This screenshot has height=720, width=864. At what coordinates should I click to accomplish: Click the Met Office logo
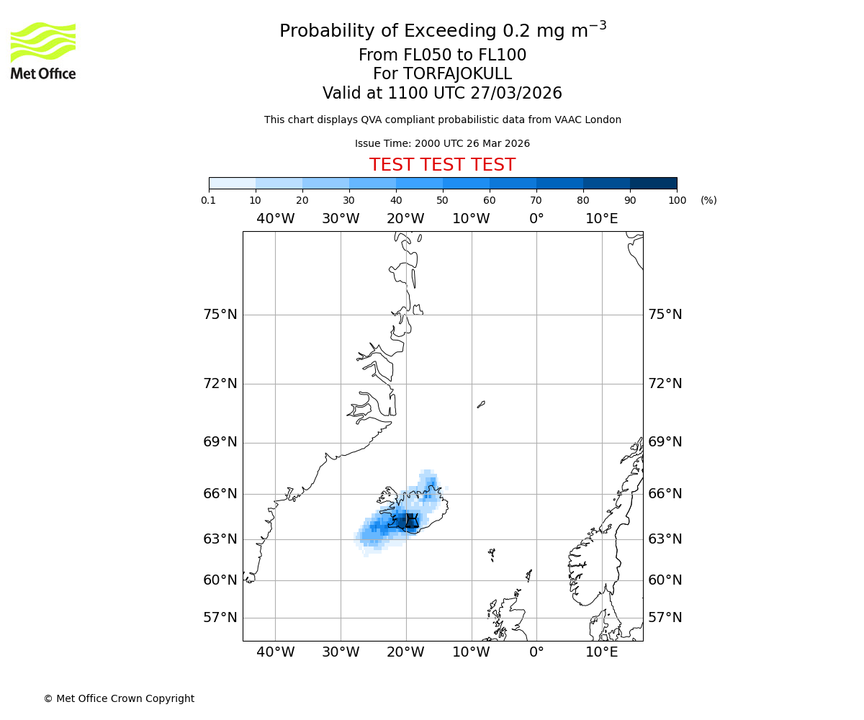[43, 50]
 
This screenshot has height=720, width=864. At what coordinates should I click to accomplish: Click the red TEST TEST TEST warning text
[442, 165]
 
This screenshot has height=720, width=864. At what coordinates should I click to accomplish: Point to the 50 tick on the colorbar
[443, 190]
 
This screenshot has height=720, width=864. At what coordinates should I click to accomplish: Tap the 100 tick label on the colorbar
[677, 200]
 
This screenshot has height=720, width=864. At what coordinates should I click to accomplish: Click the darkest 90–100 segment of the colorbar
[653, 183]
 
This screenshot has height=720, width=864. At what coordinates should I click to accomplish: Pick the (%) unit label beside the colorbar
[708, 200]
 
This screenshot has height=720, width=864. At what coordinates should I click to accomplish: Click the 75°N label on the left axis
[220, 315]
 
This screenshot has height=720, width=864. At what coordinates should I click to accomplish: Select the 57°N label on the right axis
[665, 618]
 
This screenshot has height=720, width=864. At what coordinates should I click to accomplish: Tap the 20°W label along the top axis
[406, 219]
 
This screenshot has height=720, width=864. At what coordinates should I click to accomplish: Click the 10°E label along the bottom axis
[602, 652]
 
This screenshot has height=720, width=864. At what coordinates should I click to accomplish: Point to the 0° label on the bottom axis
[536, 652]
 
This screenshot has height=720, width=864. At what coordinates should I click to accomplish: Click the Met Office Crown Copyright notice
[119, 698]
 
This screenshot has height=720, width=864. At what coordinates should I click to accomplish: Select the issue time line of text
[442, 143]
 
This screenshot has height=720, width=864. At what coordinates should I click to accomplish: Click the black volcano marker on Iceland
[411, 521]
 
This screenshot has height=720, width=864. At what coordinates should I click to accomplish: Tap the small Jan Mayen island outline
[481, 405]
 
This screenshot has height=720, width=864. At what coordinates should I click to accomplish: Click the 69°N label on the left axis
[220, 442]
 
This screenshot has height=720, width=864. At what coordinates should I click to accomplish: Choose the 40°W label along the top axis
[275, 219]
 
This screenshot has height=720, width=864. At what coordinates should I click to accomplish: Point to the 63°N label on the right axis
[665, 539]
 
